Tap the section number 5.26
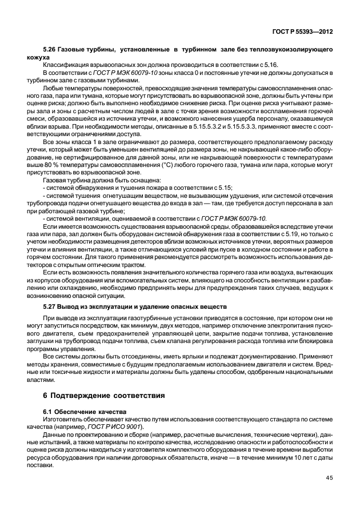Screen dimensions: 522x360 (x=50, y=51)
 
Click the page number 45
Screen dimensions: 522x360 (x=330, y=478)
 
